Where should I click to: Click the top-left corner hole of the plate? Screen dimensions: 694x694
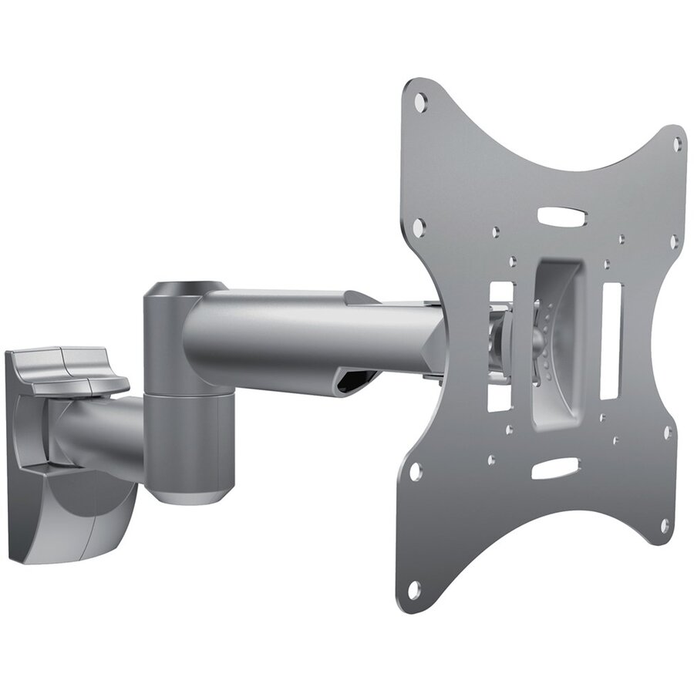pos(420,100)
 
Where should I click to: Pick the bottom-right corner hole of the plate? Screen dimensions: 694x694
pos(665,525)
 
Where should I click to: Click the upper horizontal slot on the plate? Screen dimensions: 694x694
pos(562,217)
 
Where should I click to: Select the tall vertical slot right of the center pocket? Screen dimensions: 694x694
pos(611,340)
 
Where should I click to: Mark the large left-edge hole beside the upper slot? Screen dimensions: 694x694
pos(419,227)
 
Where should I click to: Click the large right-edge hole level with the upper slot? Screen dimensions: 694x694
pos(673,241)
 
